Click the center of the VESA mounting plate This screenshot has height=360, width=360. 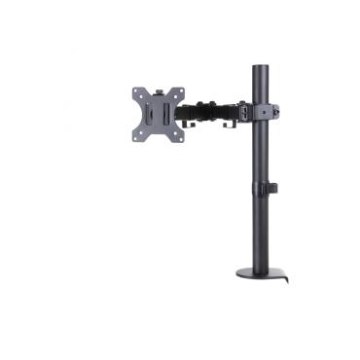tap(159, 115)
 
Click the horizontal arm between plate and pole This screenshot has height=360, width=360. tap(214, 111)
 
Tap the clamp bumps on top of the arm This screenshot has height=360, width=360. tap(206, 101)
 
